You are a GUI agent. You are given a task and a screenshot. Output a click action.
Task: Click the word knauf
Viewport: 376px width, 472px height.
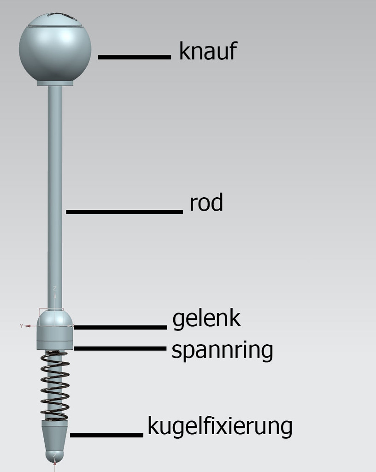[208, 51]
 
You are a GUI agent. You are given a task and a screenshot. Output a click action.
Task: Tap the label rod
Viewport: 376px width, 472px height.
[206, 203]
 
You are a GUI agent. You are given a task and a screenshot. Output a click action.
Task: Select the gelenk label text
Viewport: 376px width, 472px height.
[206, 319]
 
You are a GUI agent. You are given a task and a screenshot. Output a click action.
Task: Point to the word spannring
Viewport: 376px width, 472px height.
[222, 351]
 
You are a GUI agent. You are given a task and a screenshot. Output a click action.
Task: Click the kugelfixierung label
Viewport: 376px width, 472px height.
[220, 426]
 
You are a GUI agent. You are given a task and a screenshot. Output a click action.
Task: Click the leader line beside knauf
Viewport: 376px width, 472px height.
[135, 57]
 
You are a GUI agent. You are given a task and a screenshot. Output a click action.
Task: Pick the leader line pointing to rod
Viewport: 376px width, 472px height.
[124, 212]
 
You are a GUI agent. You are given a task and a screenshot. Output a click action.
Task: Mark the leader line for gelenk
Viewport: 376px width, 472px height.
[120, 327]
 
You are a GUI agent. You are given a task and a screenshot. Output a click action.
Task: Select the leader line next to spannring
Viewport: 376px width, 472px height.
[120, 348]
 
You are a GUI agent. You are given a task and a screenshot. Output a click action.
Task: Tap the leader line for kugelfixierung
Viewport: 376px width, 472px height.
[106, 435]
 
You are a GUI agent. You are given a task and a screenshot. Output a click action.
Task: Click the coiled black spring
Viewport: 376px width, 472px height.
[55, 386]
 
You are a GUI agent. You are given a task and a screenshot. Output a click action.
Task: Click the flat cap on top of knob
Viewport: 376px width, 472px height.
[55, 20]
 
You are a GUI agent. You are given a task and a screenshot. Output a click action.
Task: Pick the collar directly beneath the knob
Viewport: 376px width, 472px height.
[55, 83]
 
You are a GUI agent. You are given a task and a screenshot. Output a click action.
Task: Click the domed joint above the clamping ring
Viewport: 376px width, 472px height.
[55, 318]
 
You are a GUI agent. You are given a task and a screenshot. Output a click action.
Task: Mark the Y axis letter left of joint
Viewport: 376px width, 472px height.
[21, 326]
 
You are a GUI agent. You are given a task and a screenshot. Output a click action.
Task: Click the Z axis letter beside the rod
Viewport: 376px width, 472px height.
[55, 289]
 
